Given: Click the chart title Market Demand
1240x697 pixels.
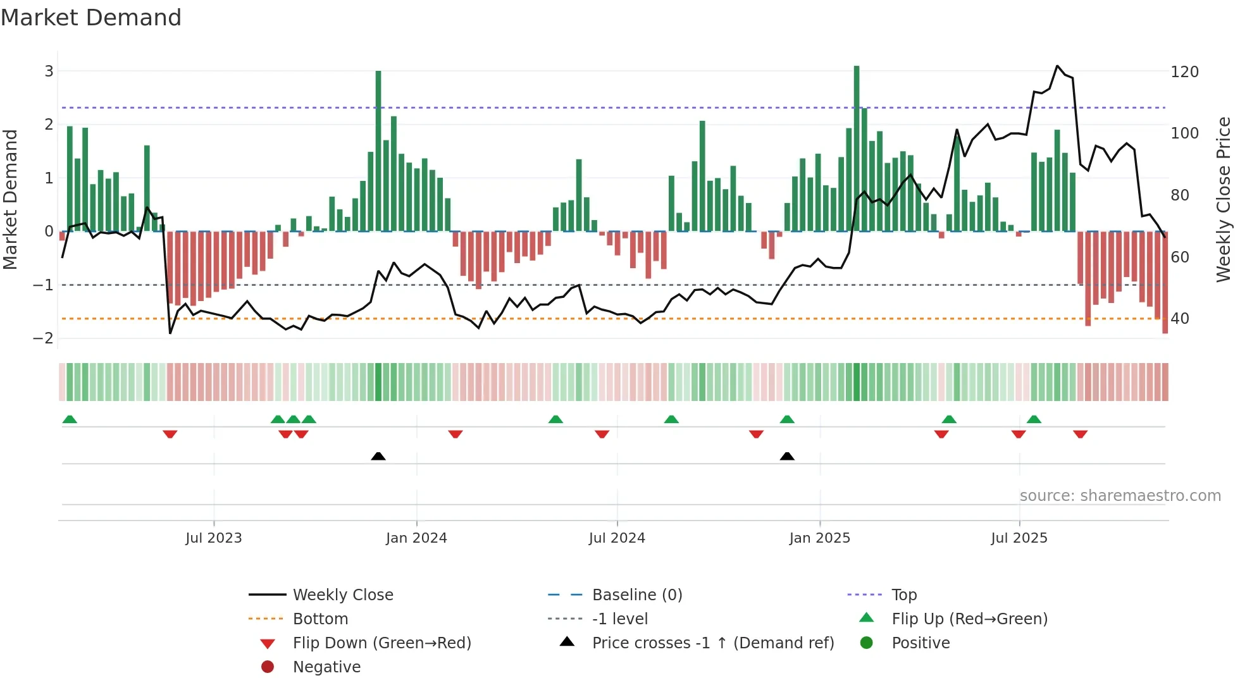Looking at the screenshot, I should pos(91,18).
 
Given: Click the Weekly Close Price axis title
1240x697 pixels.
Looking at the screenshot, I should pos(1224,199).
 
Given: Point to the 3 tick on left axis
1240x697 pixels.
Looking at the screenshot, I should pos(49,71).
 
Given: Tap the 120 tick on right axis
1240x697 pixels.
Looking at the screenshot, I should pos(1184,72).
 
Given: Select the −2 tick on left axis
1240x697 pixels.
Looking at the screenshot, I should pos(44,338).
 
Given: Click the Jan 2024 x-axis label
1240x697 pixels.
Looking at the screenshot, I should pos(416,538).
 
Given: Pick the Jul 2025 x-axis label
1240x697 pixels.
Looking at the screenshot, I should pos(1019,538).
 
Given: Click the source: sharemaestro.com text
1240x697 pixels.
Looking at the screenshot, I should pos(1120,496).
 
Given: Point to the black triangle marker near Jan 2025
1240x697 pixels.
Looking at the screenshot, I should pos(787,457).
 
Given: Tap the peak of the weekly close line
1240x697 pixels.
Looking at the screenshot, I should pos(1057,66).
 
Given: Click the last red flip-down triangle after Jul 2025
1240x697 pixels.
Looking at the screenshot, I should pos(1080,435).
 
